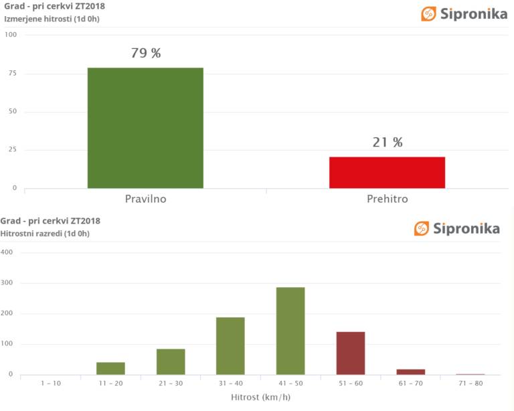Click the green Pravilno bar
pyautogui.click(x=145, y=128)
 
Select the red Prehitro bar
pyautogui.click(x=387, y=172)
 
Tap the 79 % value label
pyautogui.click(x=146, y=54)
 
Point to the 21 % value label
pyautogui.click(x=388, y=143)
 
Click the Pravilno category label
pyautogui.click(x=145, y=199)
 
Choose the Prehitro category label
pyautogui.click(x=387, y=199)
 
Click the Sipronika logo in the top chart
pyautogui.click(x=464, y=13)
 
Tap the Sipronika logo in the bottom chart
pyautogui.click(x=457, y=228)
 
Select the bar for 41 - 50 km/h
pyautogui.click(x=290, y=331)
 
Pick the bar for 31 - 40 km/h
pyautogui.click(x=230, y=345)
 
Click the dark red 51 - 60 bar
pyautogui.click(x=351, y=353)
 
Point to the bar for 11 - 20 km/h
pyautogui.click(x=110, y=368)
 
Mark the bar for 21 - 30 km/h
pyautogui.click(x=171, y=361)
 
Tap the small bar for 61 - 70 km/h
pyautogui.click(x=411, y=372)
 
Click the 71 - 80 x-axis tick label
pyautogui.click(x=470, y=383)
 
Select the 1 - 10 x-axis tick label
pyautogui.click(x=50, y=383)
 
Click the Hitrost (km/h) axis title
pyautogui.click(x=260, y=397)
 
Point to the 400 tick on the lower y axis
pyautogui.click(x=8, y=253)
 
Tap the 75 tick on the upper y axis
pyautogui.click(x=11, y=73)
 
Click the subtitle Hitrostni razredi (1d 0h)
pyautogui.click(x=45, y=234)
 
